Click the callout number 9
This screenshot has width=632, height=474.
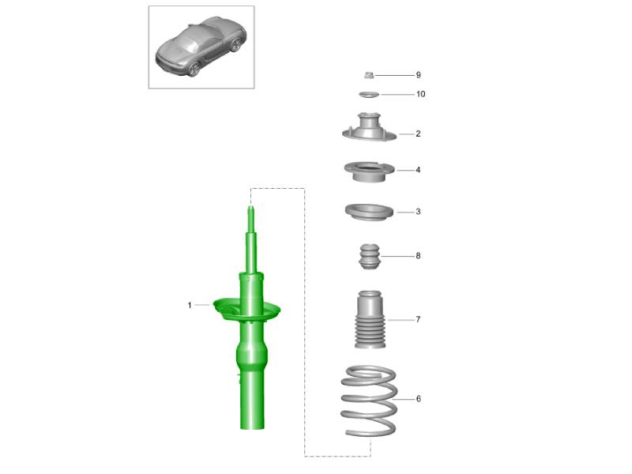(x=419, y=75)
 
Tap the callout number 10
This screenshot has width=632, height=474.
(x=421, y=94)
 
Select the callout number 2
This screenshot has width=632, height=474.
(x=418, y=134)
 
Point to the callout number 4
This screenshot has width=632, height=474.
(x=418, y=170)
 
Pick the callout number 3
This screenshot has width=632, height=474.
(x=418, y=212)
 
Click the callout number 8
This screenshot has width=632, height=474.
(x=418, y=255)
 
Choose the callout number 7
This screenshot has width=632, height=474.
(x=418, y=319)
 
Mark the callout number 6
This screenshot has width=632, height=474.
(x=419, y=399)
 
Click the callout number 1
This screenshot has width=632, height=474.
(x=190, y=305)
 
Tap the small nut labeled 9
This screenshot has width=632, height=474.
(x=369, y=75)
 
